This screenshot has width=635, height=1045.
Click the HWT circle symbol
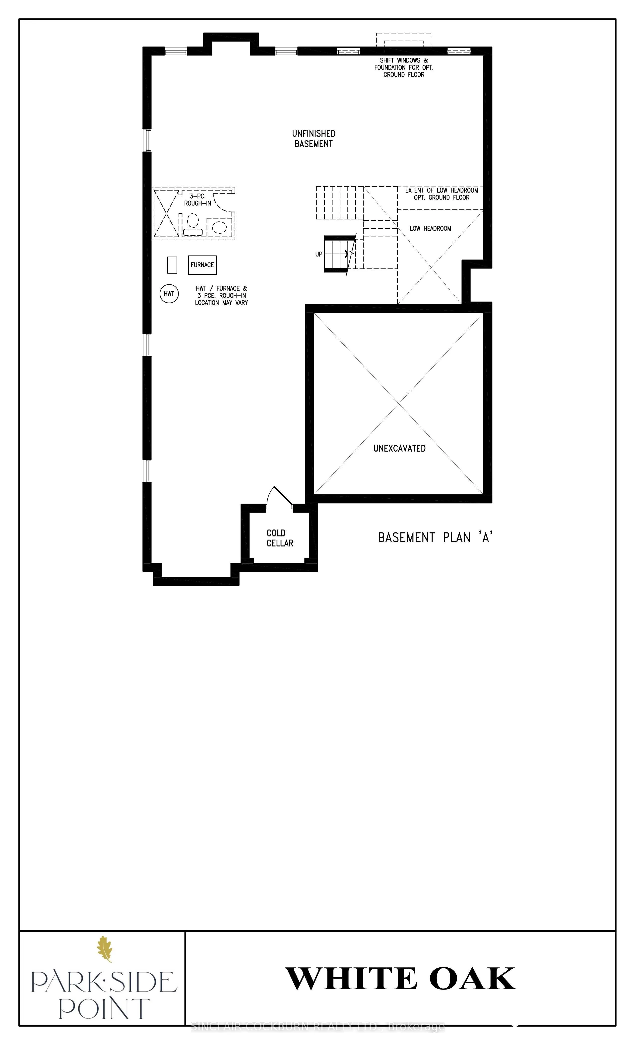point(169,294)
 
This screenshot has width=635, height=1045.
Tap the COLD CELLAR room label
point(280,538)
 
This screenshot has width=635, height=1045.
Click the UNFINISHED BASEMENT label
point(314,139)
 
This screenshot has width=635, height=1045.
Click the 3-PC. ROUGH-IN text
point(197,200)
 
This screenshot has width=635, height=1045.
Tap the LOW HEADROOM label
point(430,229)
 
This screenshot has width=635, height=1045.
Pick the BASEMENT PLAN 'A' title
point(435,538)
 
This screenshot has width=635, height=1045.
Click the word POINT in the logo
point(104,1009)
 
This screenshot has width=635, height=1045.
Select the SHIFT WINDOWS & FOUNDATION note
point(404,67)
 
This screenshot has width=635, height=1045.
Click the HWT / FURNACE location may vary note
point(221,296)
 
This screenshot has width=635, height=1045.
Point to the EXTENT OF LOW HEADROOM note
point(442,194)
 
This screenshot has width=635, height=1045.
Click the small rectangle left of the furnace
point(172,265)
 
